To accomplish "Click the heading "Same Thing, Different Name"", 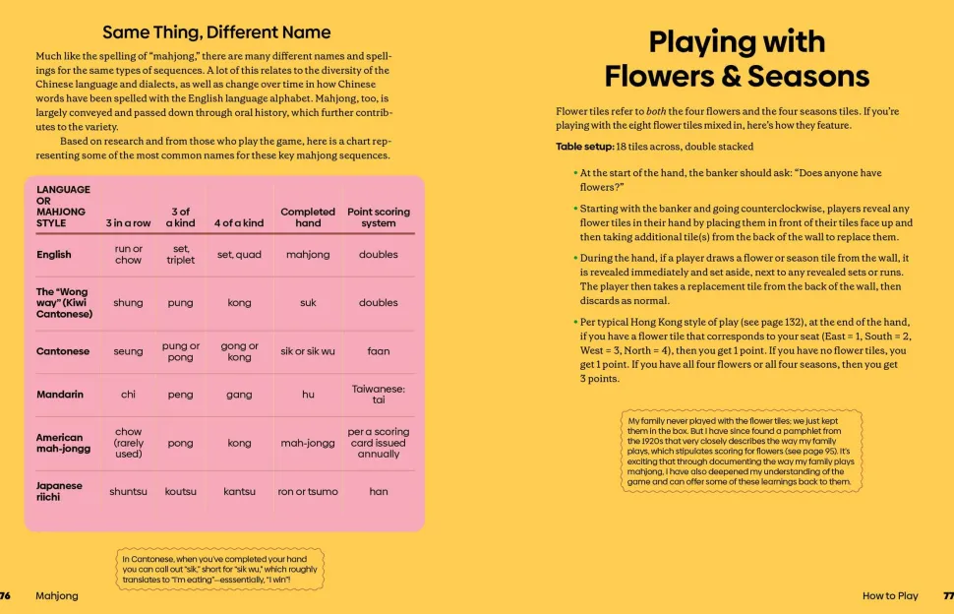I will (216, 32).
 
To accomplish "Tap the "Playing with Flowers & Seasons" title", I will (737, 59).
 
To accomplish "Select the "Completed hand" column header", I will (308, 217).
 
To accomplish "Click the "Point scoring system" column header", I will (379, 217).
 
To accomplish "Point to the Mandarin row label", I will (60, 395).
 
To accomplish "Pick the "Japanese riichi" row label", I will (60, 491).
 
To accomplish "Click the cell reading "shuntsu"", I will (128, 492).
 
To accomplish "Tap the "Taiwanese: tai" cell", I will (379, 395).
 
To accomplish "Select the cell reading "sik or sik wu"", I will (308, 351).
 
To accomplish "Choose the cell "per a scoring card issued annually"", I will (379, 443).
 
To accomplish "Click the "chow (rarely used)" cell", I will (128, 443).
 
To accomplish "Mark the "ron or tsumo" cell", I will (308, 492).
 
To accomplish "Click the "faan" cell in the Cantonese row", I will (379, 351).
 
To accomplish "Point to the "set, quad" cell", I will (239, 255).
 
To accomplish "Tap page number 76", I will (5, 595).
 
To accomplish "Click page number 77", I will (948, 595).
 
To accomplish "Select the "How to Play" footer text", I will (890, 595).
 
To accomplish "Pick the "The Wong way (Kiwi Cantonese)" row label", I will (65, 303).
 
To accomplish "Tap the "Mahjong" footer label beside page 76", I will (56, 595).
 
